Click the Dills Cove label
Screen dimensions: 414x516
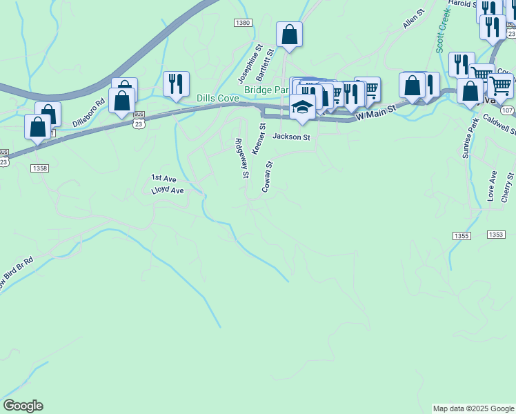click(x=218, y=99)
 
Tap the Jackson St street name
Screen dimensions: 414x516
click(x=292, y=137)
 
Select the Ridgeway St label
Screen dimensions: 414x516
click(x=241, y=159)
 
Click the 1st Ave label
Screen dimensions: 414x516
click(x=164, y=178)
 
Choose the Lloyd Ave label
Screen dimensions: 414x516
click(x=168, y=190)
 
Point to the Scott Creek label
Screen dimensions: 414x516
click(x=444, y=30)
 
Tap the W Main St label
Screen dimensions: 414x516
click(x=375, y=112)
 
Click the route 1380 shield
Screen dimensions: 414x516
click(x=242, y=23)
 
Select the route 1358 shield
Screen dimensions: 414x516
click(x=39, y=168)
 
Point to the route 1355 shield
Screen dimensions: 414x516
click(x=462, y=236)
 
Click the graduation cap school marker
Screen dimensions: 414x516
click(x=302, y=107)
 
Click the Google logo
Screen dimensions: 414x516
click(x=23, y=406)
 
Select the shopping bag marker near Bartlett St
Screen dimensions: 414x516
click(x=290, y=34)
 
